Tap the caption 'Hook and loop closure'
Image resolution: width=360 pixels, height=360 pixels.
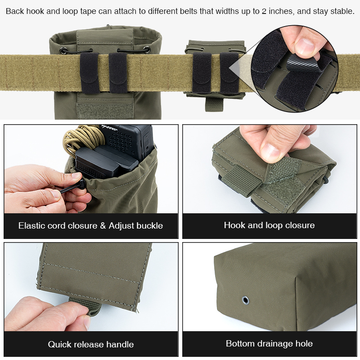269,225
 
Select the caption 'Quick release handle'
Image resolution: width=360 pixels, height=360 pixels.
91,344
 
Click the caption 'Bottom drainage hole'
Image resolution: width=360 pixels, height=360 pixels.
269,343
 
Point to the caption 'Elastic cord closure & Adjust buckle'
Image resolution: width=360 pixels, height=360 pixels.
90,225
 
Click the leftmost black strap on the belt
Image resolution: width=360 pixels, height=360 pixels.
89,73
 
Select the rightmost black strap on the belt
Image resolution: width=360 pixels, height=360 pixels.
229,73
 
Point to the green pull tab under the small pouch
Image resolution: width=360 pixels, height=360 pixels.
211,104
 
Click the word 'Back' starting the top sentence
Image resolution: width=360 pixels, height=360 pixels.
15,11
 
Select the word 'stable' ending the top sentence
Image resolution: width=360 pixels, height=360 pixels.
341,11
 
